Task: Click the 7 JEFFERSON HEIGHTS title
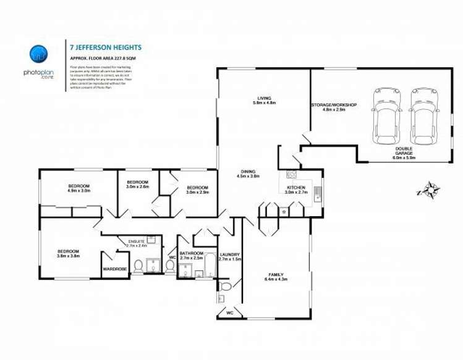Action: click(106, 46)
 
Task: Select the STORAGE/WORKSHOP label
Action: click(334, 105)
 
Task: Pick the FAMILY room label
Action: click(276, 274)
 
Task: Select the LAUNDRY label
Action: click(229, 254)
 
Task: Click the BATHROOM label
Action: click(191, 253)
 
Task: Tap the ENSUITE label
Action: click(136, 241)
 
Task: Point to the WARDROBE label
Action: click(114, 269)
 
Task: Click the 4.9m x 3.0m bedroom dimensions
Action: click(79, 191)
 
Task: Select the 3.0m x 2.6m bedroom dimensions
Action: click(138, 187)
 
